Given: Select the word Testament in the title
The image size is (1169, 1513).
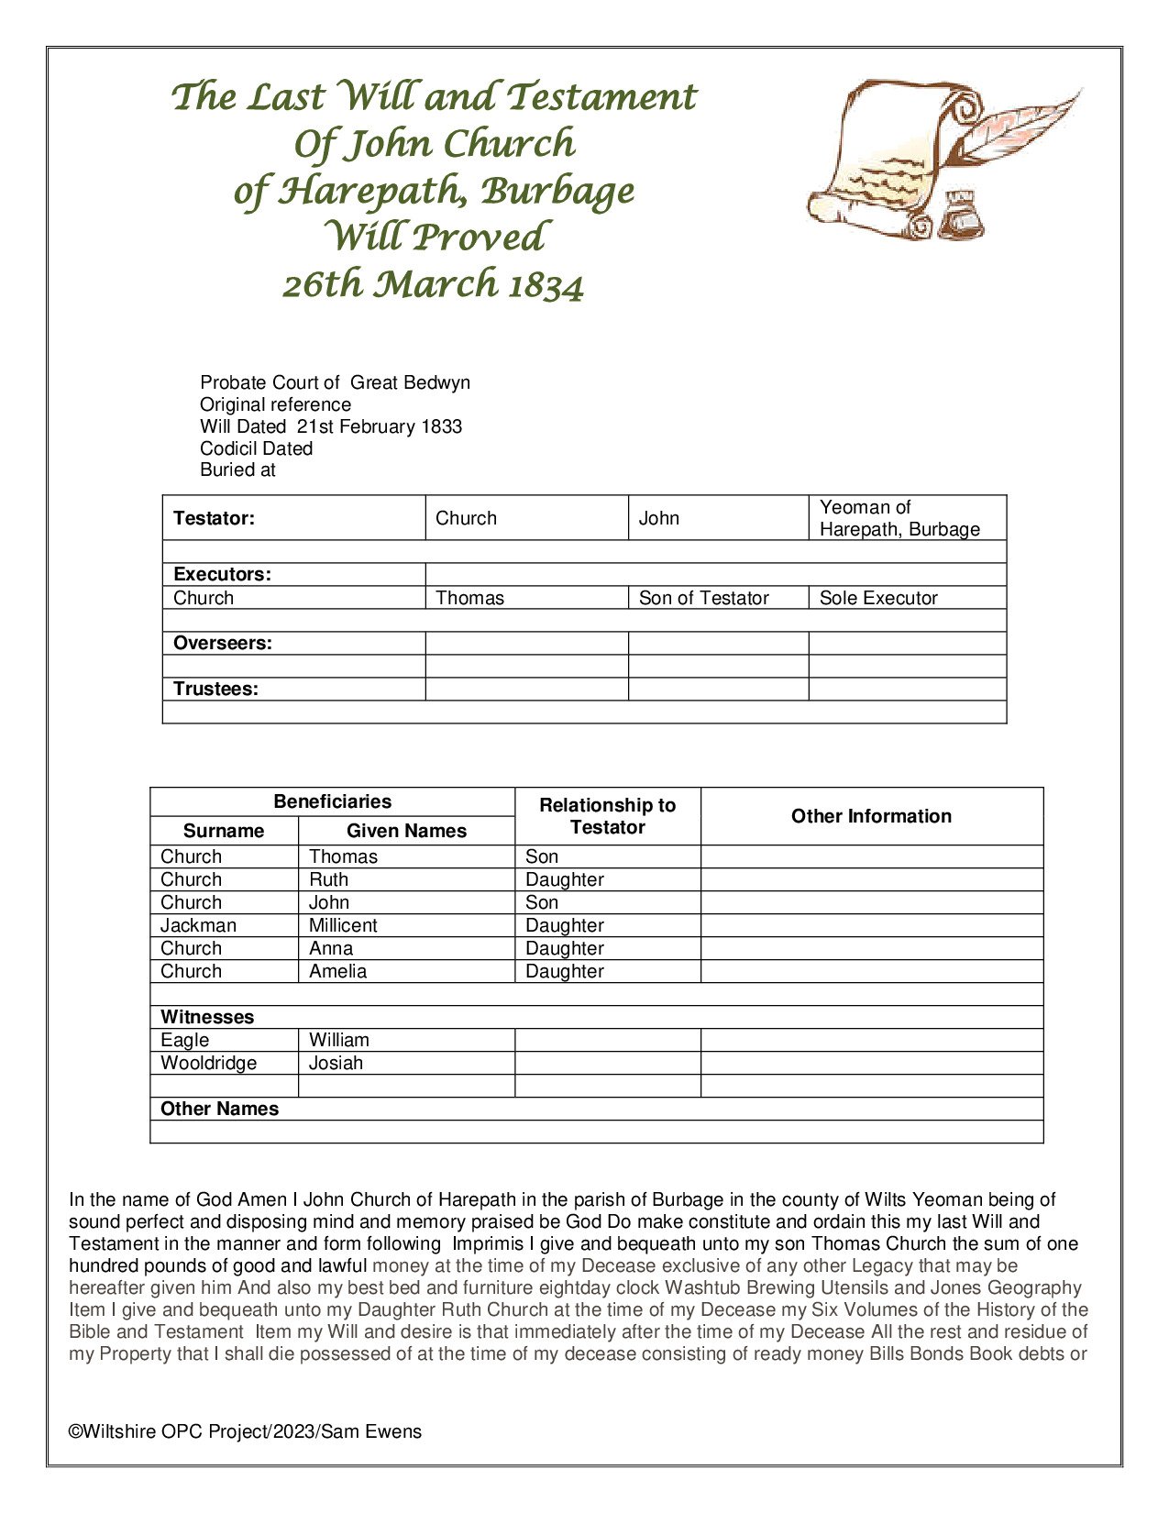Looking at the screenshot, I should pos(601,97).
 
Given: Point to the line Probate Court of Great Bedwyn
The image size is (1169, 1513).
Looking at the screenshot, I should pos(335,383).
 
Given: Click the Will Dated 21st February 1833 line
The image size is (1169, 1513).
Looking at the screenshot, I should pos(331,426).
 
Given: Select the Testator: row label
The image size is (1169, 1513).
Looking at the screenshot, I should pos(214,518).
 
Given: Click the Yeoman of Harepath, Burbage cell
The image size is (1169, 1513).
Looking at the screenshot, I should pos(899,518).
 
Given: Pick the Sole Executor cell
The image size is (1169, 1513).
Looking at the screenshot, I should pos(878,598).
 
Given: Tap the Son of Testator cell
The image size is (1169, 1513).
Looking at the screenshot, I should pos(703,598).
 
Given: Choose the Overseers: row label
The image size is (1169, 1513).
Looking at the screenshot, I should pos(222,644).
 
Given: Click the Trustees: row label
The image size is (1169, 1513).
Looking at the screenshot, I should pos(215,690).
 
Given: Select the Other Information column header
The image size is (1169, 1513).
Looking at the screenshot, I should pos(871,816).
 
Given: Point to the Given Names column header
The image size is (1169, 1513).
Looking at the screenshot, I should pos(406,831).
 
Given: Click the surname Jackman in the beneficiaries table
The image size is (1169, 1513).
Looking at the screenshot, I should pos(198,925).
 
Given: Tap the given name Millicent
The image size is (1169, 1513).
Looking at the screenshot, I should pos(343,925).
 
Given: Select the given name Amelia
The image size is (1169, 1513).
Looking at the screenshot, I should pos(337,971).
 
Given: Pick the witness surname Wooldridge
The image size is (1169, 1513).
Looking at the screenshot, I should pos(208,1063).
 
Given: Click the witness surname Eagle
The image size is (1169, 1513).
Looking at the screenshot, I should pos(184,1040).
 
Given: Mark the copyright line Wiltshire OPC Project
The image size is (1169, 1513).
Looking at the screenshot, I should pos(245,1431).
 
